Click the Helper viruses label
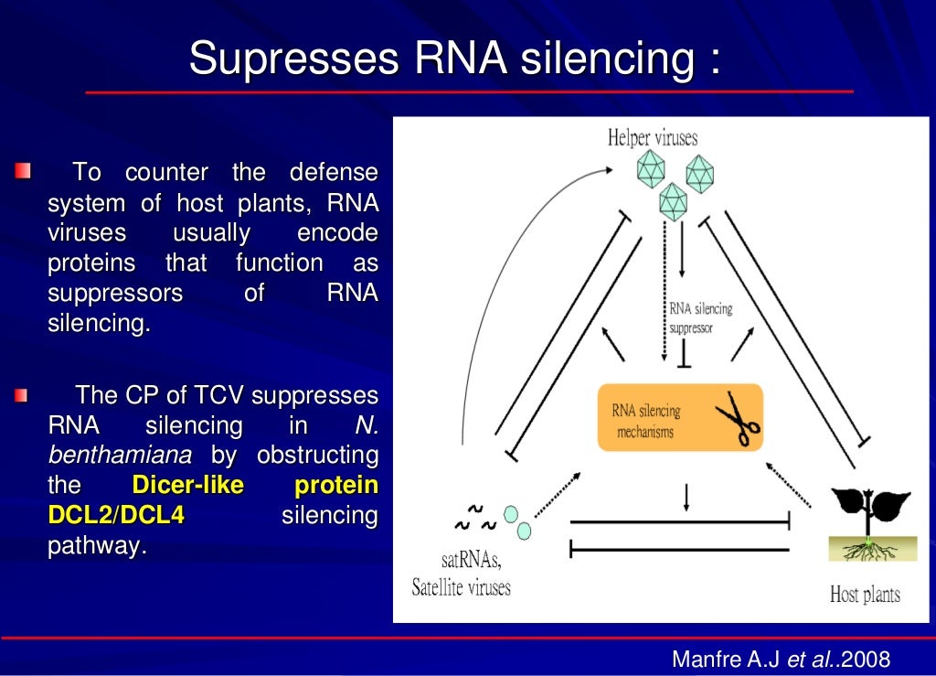(653, 138)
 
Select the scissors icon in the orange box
(737, 419)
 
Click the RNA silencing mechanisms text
(645, 421)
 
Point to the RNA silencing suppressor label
(699, 317)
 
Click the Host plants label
(865, 595)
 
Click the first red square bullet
(22, 170)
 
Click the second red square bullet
(22, 396)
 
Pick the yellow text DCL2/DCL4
(115, 515)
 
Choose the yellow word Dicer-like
(188, 485)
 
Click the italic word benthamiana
(120, 455)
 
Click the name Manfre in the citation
(704, 659)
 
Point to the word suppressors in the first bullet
(115, 294)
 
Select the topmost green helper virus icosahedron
(651, 167)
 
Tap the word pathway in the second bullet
(96, 546)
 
